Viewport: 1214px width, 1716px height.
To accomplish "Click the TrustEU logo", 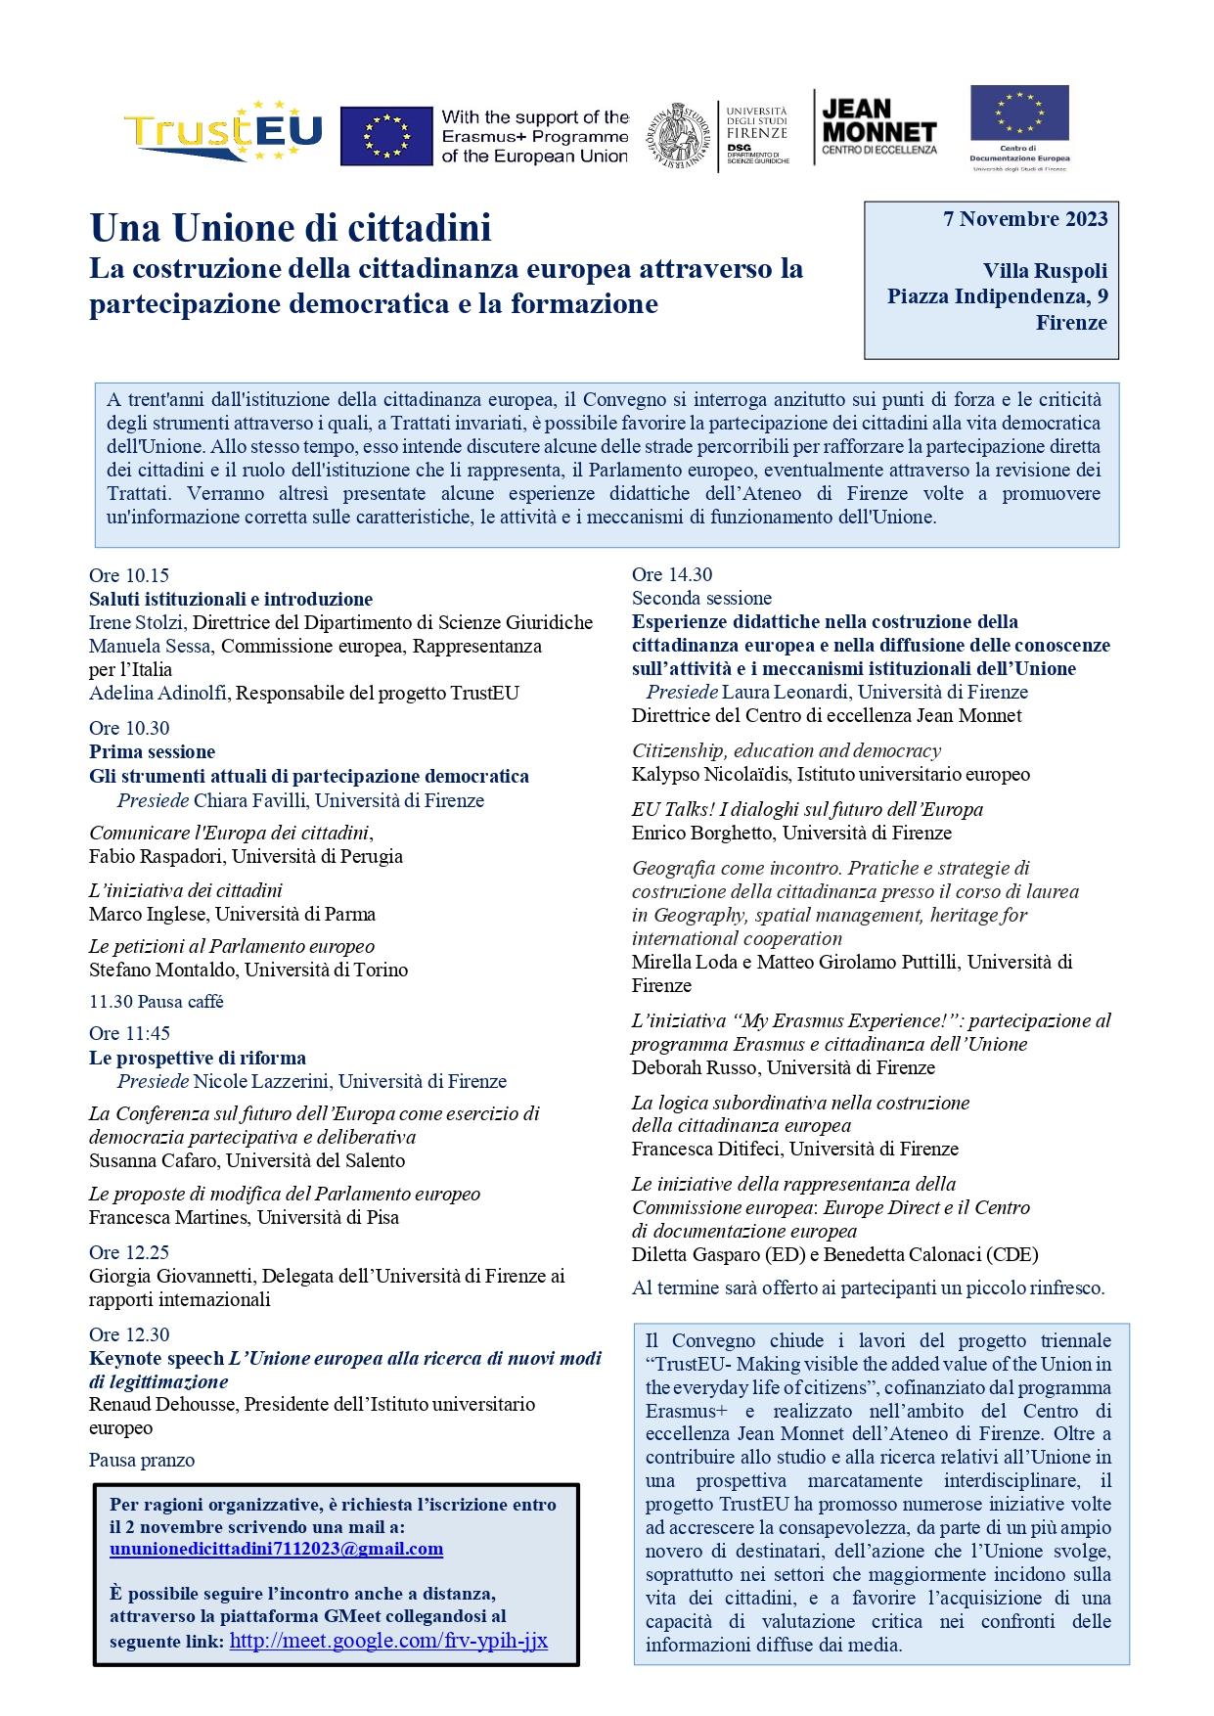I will coord(223,131).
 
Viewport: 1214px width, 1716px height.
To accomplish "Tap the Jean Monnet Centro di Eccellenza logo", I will coord(878,126).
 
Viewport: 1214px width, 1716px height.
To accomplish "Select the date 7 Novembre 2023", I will coord(1024,219).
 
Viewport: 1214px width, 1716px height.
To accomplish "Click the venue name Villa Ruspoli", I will coord(1045,271).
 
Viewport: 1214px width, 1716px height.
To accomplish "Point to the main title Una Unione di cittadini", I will coord(291,228).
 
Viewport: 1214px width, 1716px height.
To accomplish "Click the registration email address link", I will coord(276,1550).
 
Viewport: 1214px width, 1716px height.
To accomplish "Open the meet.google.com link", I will coord(388,1641).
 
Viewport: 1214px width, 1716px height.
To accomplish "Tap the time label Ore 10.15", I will coord(129,575).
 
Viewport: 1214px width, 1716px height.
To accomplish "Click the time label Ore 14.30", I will coord(672,574).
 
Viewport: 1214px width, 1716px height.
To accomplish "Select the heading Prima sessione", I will coord(152,751).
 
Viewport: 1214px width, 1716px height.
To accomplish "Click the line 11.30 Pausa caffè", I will coord(157,1002).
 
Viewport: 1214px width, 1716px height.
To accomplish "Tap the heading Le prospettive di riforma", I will coord(198,1058).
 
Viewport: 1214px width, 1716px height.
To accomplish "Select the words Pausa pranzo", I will coord(142,1461).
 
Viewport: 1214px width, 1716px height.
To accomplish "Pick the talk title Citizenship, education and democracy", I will coord(786,750).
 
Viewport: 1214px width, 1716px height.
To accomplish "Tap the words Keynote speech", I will coord(157,1358).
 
